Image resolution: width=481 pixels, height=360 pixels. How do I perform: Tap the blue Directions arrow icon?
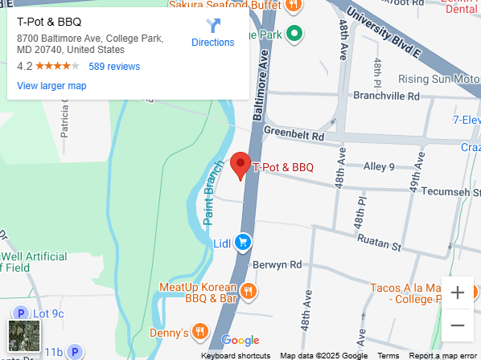212,26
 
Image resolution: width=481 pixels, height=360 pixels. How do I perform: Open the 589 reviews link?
114,67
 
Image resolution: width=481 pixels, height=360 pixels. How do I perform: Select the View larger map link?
51,86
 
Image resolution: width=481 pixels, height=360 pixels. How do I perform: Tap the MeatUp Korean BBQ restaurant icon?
249,292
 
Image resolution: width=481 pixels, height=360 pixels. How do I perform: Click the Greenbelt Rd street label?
294,135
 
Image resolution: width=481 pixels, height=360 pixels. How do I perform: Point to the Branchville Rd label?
387,96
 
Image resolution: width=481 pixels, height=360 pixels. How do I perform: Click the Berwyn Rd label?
277,264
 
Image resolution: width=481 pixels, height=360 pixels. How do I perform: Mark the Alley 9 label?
379,167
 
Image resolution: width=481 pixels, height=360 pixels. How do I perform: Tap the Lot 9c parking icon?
19,313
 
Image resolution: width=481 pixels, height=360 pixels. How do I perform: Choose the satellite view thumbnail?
23,336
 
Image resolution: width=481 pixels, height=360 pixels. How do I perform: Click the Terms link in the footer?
388,355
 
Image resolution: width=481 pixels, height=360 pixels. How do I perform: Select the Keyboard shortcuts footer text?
236,355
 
